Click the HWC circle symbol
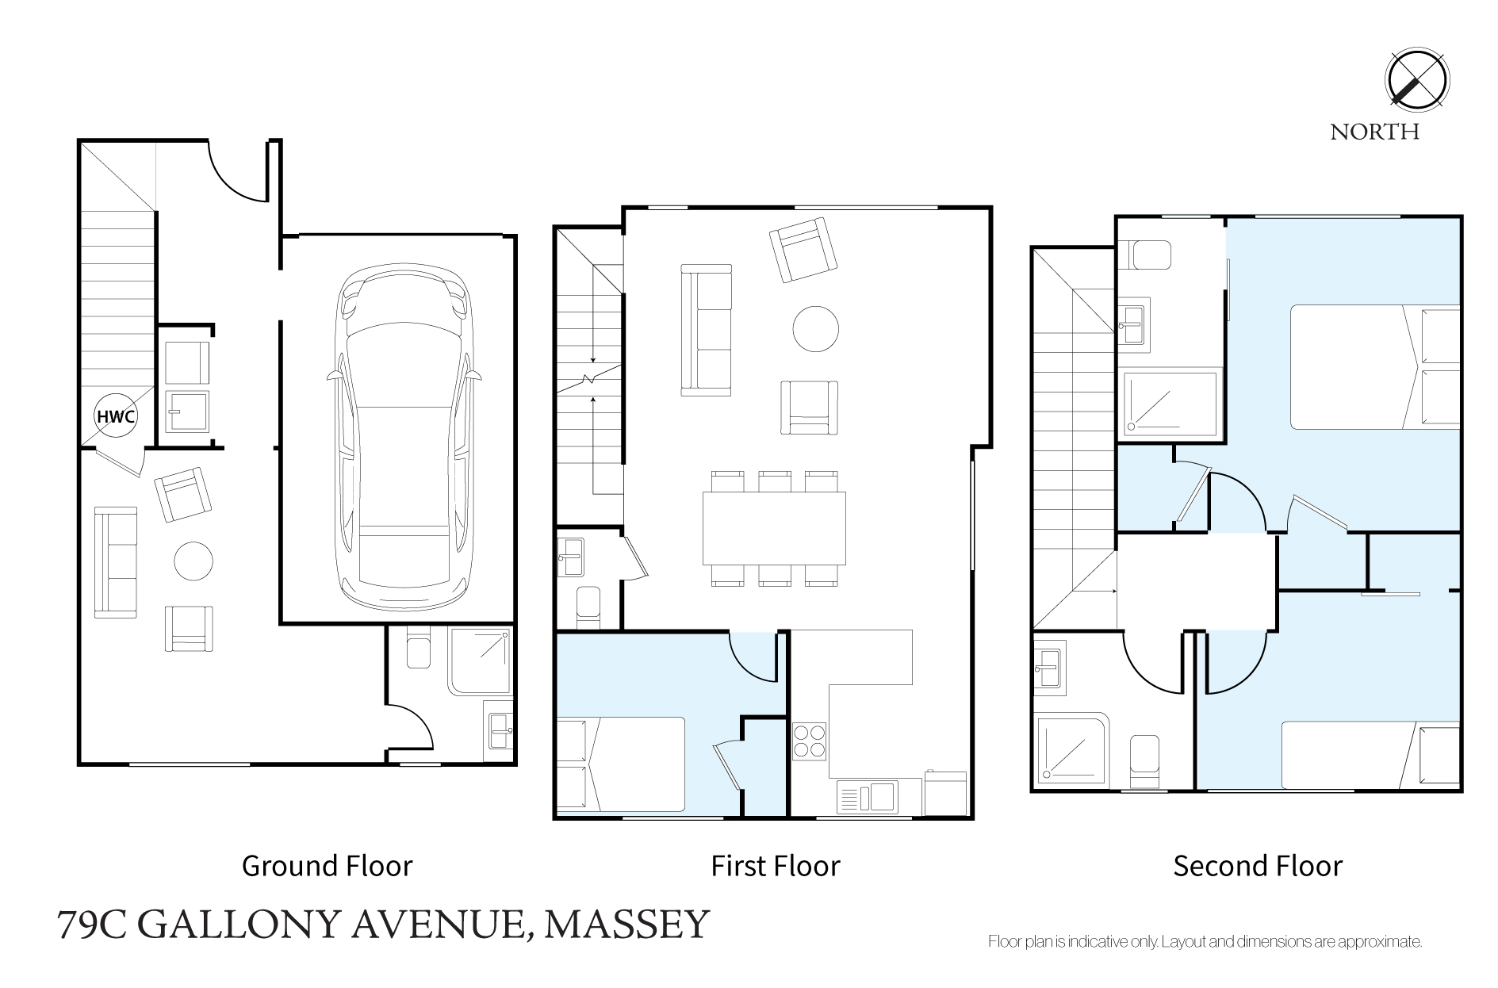[116, 415]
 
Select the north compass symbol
[1417, 81]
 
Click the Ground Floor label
[327, 865]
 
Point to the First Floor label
[775, 865]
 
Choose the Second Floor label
[1258, 865]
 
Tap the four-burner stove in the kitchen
[810, 741]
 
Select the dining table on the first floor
[774, 528]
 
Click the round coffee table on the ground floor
[193, 561]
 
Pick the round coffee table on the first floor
[816, 329]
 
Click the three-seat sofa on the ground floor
[116, 562]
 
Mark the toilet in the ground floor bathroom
[417, 646]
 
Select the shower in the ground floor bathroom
[478, 662]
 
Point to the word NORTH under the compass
[1374, 132]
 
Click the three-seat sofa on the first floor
[706, 330]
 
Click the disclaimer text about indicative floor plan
[1205, 942]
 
